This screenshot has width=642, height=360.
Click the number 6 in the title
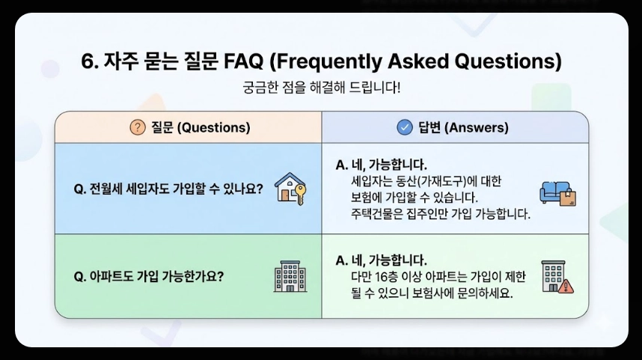pos(86,61)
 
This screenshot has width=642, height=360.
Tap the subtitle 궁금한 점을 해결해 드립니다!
pos(321,88)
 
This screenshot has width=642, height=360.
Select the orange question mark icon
pos(137,127)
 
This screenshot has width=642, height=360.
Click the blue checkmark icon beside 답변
pos(405,127)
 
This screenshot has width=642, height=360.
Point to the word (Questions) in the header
pos(213,127)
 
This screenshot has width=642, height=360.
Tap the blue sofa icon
pos(557,192)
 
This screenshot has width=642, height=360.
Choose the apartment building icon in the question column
pos(290,276)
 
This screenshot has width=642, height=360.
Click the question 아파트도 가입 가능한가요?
pos(150,276)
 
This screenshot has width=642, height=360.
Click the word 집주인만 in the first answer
pos(435,214)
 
